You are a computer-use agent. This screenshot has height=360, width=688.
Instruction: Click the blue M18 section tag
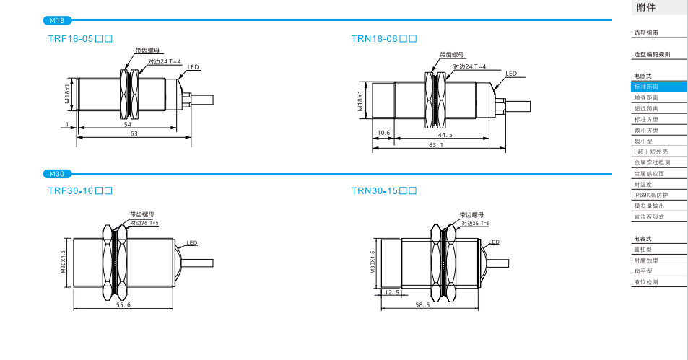pyautogui.click(x=57, y=20)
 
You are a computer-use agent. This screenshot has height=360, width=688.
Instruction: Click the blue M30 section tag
pyautogui.click(x=57, y=174)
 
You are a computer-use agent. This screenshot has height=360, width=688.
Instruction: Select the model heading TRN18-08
pyautogui.click(x=384, y=38)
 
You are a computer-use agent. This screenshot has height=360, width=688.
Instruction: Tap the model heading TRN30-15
pyautogui.click(x=384, y=191)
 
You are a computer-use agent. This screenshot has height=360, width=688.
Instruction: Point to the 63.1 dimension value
pyautogui.click(x=436, y=145)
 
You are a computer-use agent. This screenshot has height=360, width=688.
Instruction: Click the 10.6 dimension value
pyautogui.click(x=383, y=133)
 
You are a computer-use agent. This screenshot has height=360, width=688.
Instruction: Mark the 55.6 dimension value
pyautogui.click(x=123, y=306)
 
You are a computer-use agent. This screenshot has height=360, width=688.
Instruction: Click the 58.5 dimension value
pyautogui.click(x=424, y=306)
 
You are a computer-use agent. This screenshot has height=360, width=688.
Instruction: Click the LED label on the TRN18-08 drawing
pyautogui.click(x=511, y=74)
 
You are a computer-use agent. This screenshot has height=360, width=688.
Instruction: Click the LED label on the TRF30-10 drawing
pyautogui.click(x=192, y=243)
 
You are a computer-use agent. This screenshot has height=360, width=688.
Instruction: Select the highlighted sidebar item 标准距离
pyautogui.click(x=646, y=87)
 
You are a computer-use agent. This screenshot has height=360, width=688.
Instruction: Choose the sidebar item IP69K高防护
pyautogui.click(x=650, y=195)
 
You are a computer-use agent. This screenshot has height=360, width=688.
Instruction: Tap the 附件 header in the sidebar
pyautogui.click(x=646, y=8)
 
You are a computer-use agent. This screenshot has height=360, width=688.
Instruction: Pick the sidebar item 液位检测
pyautogui.click(x=646, y=281)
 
